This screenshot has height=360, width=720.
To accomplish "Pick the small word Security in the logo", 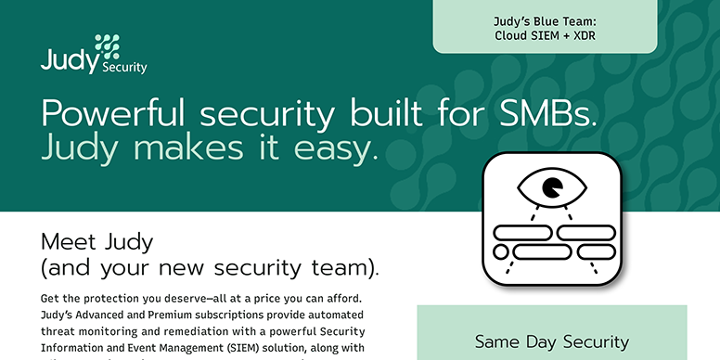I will coord(124,67).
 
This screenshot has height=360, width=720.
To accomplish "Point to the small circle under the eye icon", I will coord(501,251).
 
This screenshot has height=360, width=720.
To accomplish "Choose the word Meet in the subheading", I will coord(70,243).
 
